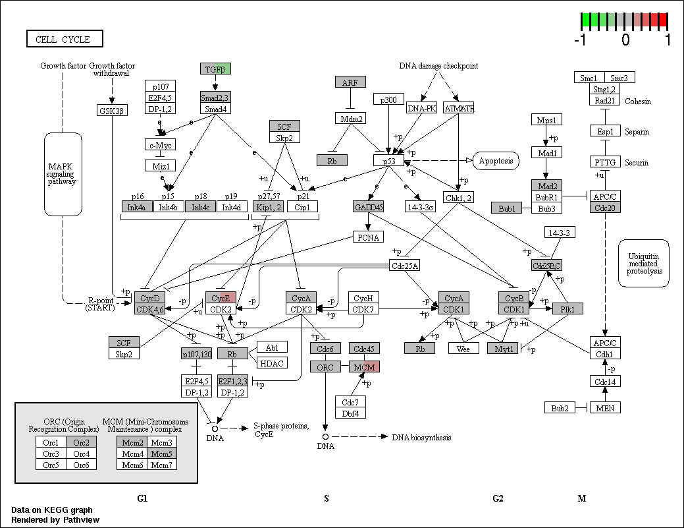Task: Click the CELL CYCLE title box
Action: (x=65, y=39)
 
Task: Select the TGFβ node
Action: (x=215, y=69)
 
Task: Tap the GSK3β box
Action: (x=112, y=111)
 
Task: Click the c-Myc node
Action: (x=161, y=144)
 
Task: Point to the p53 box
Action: (x=388, y=161)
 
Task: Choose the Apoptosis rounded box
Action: (x=496, y=161)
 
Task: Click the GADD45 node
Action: (x=368, y=206)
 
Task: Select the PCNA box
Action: (x=368, y=237)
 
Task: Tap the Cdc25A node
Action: (x=404, y=266)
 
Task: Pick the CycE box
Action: (x=221, y=298)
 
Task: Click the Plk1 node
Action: (x=567, y=308)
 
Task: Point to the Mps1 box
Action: (x=546, y=120)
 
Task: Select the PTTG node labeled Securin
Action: (x=605, y=162)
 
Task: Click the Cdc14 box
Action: (x=605, y=382)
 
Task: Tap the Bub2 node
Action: (x=560, y=408)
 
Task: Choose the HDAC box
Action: (x=272, y=363)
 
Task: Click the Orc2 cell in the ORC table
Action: (x=81, y=442)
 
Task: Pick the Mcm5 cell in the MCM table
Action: (x=162, y=454)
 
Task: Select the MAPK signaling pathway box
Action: (x=63, y=174)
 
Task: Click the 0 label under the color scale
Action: (x=625, y=40)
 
